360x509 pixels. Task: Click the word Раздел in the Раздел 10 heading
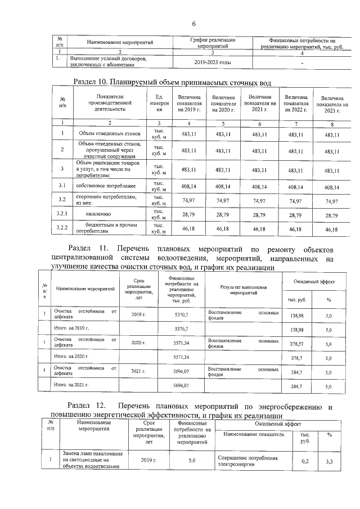pos(89,82)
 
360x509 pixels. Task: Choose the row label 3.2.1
pos(63,214)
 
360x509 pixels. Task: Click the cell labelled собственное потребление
pos(102,185)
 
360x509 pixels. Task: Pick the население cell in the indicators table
pos(102,214)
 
